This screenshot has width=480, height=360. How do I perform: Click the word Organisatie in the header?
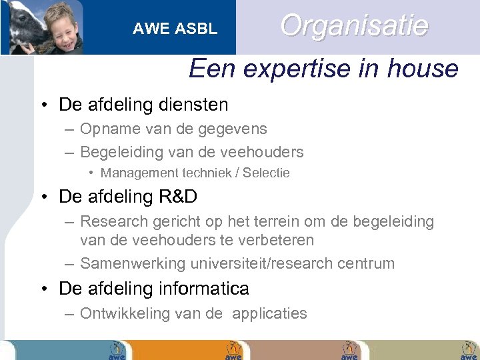pos(354,26)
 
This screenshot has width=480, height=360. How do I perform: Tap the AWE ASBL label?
pos(175,29)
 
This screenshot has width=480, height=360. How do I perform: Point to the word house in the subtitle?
pos(425,69)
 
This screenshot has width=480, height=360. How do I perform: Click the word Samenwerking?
pos(131,263)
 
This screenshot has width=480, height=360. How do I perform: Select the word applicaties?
pos(269,314)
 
